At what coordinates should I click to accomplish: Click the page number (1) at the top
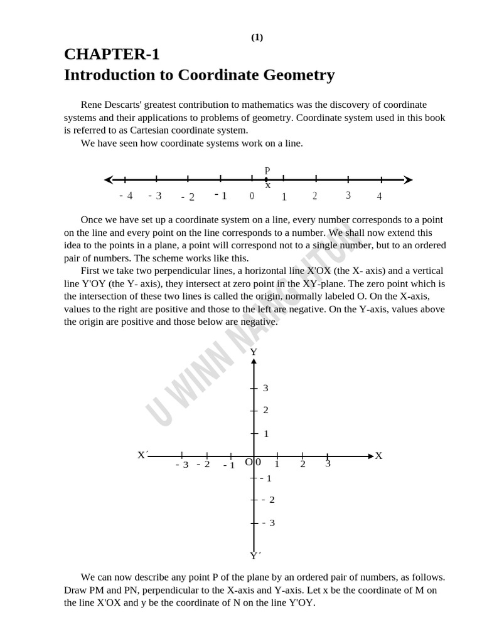[x=257, y=37]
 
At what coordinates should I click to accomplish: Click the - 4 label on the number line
[x=126, y=196]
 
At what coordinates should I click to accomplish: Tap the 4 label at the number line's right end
[x=379, y=196]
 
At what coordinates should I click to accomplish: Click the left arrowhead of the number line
[x=109, y=179]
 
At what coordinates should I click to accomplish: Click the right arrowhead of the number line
[x=409, y=180]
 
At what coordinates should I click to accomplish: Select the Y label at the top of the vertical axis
[x=254, y=352]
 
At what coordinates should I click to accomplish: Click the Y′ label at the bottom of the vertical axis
[x=255, y=555]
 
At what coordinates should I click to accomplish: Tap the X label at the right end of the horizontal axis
[x=378, y=456]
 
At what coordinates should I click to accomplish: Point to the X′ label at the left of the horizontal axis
[x=142, y=455]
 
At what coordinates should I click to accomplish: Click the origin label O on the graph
[x=249, y=463]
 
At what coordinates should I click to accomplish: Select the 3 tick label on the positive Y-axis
[x=265, y=388]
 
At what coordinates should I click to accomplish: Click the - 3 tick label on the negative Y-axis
[x=268, y=522]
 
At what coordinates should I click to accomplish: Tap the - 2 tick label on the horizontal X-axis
[x=203, y=464]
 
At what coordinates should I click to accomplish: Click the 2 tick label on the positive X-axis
[x=303, y=464]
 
